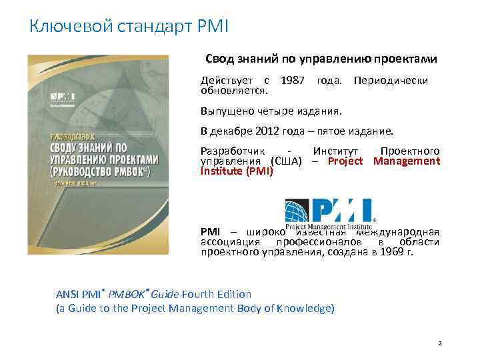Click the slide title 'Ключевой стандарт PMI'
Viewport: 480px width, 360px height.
(x=129, y=27)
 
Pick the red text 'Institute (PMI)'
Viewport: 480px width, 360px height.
(x=237, y=171)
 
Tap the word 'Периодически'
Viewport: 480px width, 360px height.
(x=391, y=81)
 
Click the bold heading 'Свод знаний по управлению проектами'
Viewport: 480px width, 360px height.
(x=321, y=59)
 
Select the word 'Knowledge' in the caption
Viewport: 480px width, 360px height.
(x=307, y=308)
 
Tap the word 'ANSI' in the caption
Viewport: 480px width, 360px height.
(x=69, y=294)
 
